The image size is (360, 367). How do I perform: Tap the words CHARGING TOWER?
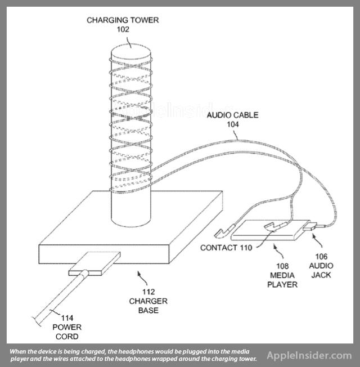tap(130, 20)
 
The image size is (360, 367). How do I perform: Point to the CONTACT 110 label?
tap(227, 247)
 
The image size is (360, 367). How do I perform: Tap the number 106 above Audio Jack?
tap(321, 256)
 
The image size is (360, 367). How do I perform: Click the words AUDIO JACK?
tap(321, 270)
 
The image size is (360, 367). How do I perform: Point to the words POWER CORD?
tap(66, 332)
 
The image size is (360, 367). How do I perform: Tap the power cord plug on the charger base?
tap(94, 265)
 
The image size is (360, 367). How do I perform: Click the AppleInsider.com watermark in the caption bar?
tap(309, 355)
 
